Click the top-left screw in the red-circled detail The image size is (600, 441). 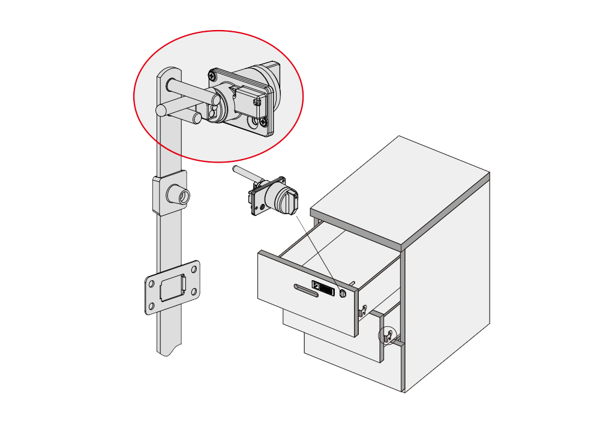click(213, 76)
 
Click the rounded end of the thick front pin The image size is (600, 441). click(161, 110)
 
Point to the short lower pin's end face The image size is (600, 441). click(197, 118)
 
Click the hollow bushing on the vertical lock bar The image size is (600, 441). click(178, 194)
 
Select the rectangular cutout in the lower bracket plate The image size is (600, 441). click(172, 287)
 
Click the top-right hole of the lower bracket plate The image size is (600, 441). click(194, 268)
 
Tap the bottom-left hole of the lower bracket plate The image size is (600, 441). click(151, 307)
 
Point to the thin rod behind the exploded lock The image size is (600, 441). click(245, 175)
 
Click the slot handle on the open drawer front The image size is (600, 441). click(307, 292)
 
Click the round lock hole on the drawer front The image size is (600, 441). click(343, 293)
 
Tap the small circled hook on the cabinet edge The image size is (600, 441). click(388, 336)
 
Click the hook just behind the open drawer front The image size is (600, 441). click(362, 311)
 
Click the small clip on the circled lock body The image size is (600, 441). click(257, 102)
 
